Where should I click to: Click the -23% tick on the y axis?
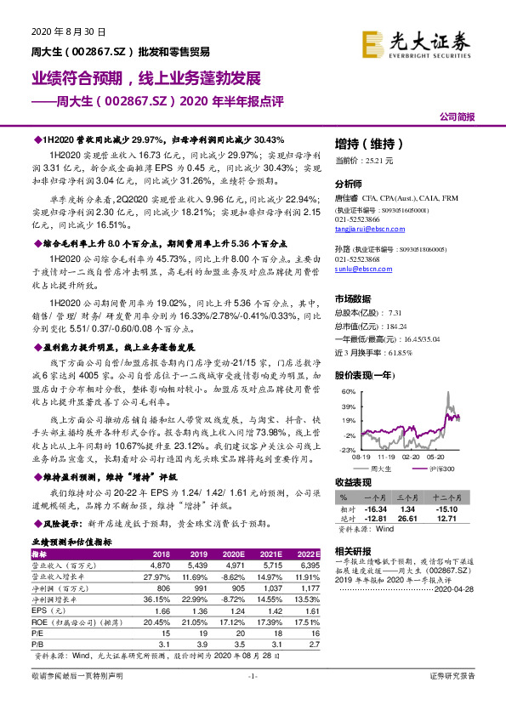pyautogui.click(x=348, y=449)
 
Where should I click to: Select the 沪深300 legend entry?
pyautogui.click(x=445, y=469)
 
